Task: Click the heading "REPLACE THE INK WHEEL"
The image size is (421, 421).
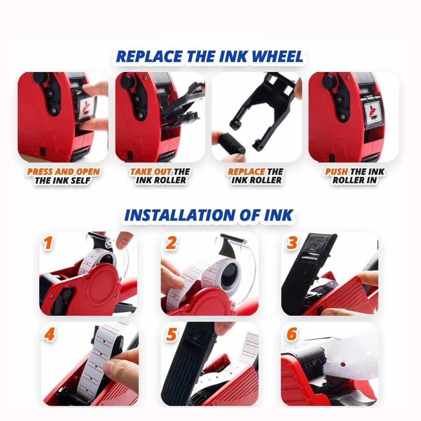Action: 210,57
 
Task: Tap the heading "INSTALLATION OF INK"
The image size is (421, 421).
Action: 209,215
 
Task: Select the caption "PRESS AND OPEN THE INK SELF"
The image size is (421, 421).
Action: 63,176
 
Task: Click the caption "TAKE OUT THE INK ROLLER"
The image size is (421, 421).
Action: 160,176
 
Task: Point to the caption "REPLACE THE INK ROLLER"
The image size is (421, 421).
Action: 256,176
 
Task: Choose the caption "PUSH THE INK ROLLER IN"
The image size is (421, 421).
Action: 354,176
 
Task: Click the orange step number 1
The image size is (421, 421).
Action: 48,243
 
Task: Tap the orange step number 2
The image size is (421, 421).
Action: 171,243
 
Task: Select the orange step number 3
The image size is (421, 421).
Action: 292,242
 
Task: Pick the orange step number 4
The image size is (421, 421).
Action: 50,335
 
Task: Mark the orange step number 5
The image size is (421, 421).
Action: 171,335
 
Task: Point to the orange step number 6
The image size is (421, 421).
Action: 292,334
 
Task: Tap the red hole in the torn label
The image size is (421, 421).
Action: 343,364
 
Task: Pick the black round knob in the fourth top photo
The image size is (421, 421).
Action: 330,80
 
